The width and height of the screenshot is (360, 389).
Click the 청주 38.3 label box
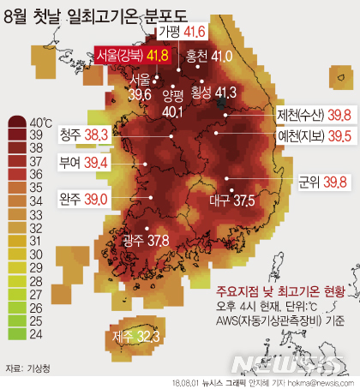(82, 135)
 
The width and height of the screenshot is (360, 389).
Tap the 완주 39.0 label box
(82, 199)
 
